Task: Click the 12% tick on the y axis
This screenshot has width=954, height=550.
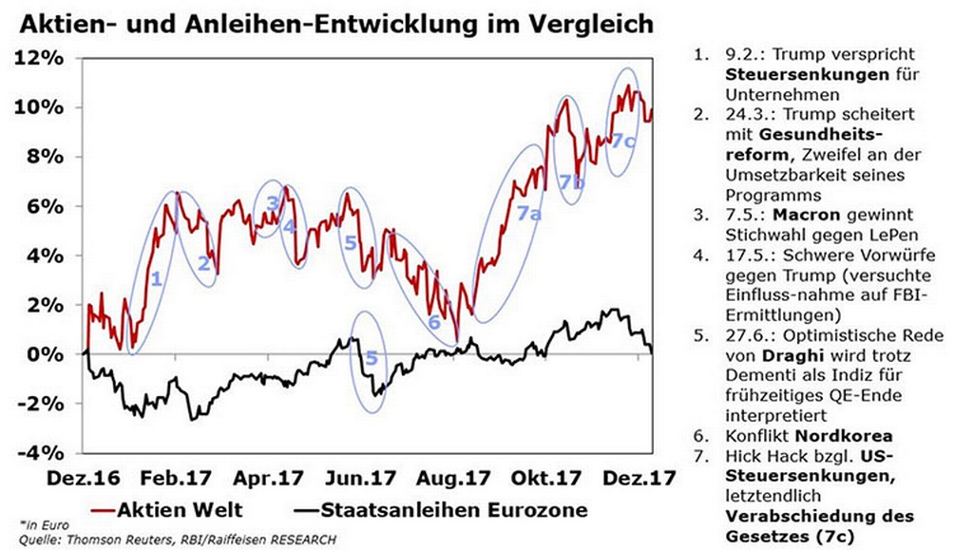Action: (40, 58)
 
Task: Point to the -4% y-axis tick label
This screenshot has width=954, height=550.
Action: (40, 452)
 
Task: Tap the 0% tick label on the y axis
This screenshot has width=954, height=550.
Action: (46, 354)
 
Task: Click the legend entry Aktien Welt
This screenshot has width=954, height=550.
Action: (178, 510)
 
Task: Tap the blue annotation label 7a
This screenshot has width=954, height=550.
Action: (529, 216)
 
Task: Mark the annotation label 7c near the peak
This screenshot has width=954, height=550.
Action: (622, 141)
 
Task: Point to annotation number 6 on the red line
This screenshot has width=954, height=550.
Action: (434, 322)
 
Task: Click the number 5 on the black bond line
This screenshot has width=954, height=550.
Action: (372, 359)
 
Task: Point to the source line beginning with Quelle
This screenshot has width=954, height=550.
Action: (176, 539)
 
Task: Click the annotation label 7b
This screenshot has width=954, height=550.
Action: (571, 183)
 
